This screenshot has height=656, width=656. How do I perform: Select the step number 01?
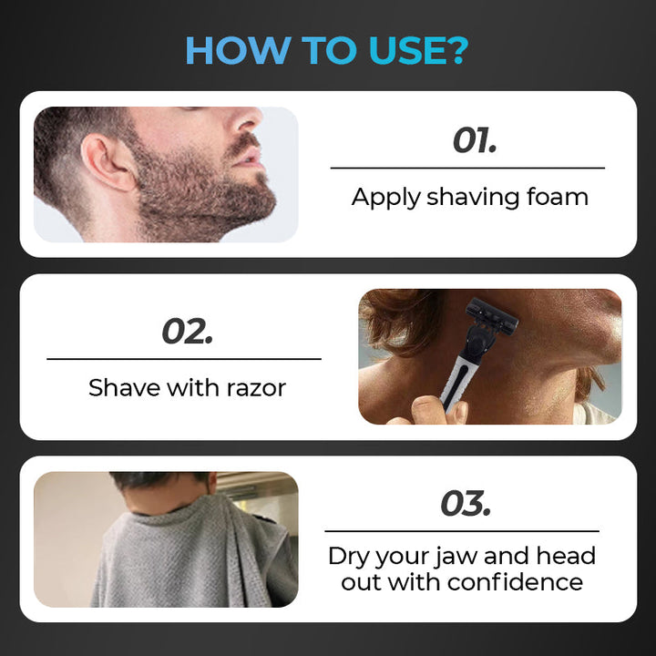tap(475, 140)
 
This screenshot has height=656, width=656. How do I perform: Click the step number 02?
tap(188, 331)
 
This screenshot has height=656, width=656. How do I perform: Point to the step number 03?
tap(466, 503)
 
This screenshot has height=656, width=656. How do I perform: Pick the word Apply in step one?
tap(385, 198)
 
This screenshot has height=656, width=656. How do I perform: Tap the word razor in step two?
tap(256, 388)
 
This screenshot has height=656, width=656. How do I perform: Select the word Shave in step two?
tap(125, 387)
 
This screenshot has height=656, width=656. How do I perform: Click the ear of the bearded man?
tap(105, 162)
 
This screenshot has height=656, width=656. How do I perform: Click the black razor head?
tap(492, 317)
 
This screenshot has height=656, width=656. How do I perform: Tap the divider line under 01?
tap(467, 169)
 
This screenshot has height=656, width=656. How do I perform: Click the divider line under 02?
tap(184, 359)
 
